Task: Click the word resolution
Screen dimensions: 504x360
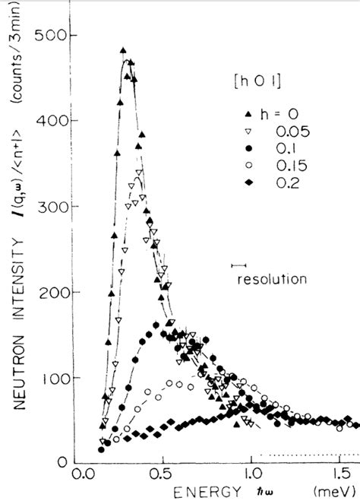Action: coord(271,279)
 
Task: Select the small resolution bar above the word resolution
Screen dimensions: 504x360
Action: coord(242,265)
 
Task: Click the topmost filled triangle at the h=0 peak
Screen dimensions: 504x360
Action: coord(123,51)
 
